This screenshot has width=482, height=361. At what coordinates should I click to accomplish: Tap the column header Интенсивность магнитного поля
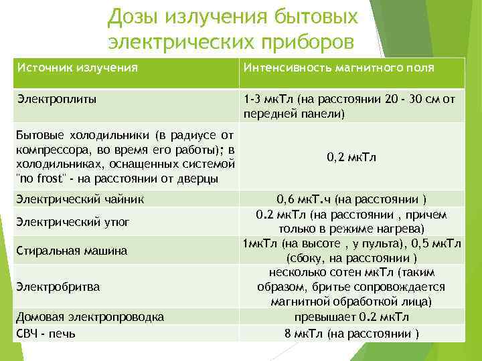339,68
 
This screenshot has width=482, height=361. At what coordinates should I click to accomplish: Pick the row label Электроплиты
56,99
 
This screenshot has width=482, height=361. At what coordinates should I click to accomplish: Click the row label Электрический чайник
80,199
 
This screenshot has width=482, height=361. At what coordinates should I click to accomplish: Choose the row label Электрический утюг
73,221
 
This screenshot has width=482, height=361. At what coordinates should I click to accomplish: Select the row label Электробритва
58,287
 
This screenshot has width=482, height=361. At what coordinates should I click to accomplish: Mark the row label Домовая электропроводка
90,317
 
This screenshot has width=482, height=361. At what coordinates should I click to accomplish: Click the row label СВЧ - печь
46,332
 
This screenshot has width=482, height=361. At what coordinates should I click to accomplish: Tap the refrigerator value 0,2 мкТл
351,158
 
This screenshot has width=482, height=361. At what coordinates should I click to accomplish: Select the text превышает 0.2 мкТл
351,317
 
